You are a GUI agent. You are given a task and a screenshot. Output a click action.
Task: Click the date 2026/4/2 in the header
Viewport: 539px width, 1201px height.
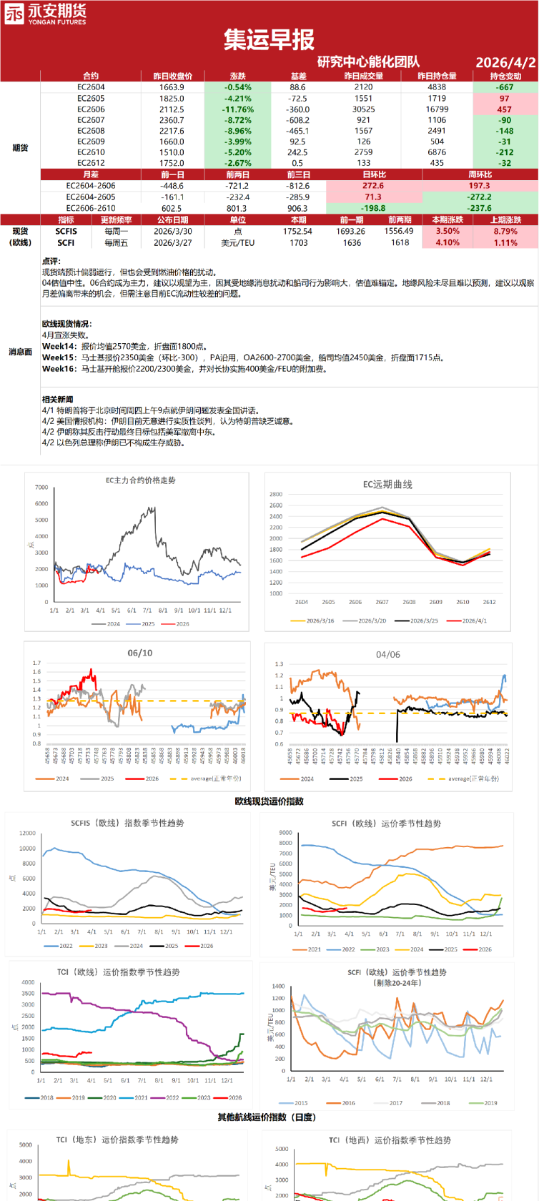coord(505,62)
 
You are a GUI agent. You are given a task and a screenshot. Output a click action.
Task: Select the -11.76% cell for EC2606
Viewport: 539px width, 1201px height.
coord(238,109)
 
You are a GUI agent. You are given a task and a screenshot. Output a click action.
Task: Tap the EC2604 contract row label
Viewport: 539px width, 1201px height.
coord(91,87)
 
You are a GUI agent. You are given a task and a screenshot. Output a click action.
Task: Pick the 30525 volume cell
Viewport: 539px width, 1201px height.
coord(363,109)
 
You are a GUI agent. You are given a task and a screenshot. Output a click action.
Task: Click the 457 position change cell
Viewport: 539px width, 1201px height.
coord(505,109)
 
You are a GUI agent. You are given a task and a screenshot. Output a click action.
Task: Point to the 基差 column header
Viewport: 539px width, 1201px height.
coord(298,76)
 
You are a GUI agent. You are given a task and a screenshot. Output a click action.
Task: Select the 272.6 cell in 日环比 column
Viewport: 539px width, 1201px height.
coord(373,186)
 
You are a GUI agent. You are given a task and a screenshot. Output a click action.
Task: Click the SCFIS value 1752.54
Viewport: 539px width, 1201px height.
coord(298,232)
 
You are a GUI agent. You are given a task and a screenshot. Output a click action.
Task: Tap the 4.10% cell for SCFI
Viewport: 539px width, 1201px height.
coord(447,243)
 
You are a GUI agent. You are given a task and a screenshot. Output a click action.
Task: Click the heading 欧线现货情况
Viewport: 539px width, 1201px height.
coord(66,324)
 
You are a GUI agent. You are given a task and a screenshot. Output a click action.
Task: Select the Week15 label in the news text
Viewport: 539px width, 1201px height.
coord(59,357)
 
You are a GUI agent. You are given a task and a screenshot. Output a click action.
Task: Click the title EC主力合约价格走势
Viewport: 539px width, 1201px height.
coord(141,480)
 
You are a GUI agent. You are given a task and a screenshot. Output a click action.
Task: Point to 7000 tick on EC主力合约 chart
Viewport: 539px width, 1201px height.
coord(41,488)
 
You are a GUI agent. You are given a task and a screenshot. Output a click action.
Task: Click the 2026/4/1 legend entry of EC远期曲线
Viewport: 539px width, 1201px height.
coord(472,621)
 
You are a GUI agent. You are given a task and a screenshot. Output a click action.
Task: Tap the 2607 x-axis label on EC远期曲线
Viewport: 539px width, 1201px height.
coord(382,602)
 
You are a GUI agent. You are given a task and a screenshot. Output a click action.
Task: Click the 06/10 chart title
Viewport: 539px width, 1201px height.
coord(139,653)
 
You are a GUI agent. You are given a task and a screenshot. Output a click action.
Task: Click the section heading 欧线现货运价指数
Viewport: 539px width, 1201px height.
coord(269,801)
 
